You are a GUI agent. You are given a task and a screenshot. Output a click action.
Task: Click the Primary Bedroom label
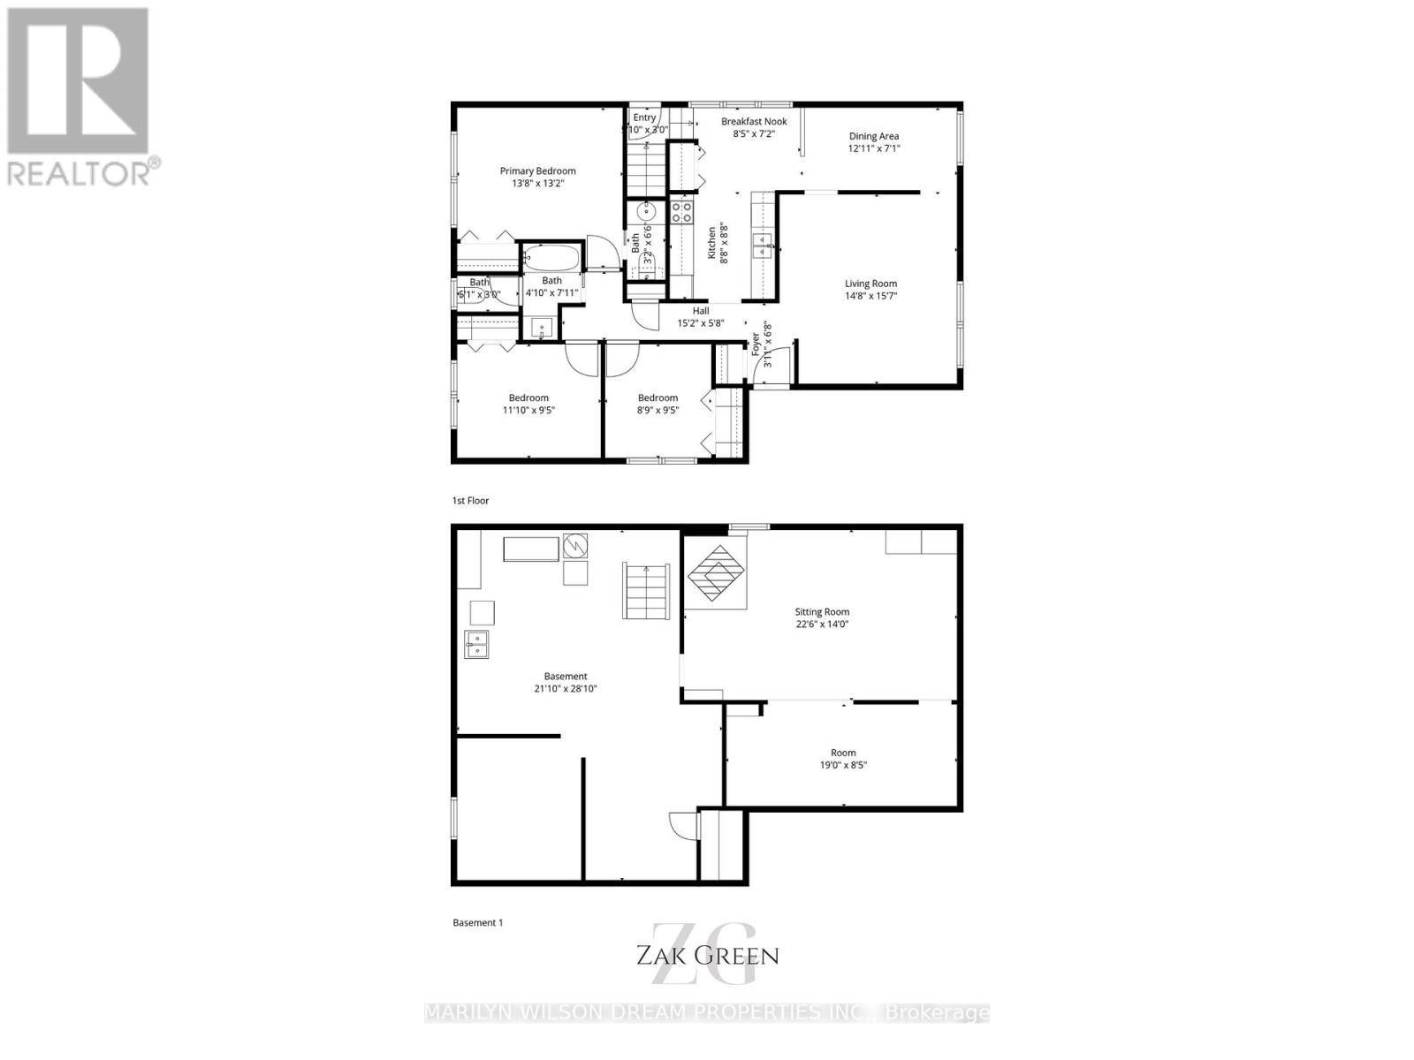537,171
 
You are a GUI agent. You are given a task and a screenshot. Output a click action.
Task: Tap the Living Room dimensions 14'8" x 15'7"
870,296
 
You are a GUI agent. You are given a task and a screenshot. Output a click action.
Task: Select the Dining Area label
874,136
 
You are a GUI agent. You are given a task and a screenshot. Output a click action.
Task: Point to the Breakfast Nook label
754,122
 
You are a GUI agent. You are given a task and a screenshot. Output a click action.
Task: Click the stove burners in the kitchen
680,212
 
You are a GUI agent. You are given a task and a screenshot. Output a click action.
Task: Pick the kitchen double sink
763,245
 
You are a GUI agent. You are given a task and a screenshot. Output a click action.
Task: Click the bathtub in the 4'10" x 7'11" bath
551,259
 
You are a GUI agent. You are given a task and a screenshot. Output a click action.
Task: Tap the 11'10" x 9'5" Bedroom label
528,397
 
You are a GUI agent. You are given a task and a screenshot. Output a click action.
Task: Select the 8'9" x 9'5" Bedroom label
658,397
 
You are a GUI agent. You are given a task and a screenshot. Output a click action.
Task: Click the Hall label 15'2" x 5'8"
701,311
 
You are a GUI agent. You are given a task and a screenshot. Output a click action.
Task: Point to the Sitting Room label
822,611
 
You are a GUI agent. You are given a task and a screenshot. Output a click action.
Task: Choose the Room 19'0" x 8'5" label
843,753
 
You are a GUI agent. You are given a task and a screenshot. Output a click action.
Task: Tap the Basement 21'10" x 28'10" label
566,677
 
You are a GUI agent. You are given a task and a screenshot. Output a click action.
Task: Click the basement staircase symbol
646,589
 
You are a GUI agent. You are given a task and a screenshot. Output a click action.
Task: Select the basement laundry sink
476,645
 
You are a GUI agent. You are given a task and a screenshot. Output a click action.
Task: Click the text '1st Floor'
470,500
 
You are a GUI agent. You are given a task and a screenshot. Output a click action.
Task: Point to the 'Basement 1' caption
477,922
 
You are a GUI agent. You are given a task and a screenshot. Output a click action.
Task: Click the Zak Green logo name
707,955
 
